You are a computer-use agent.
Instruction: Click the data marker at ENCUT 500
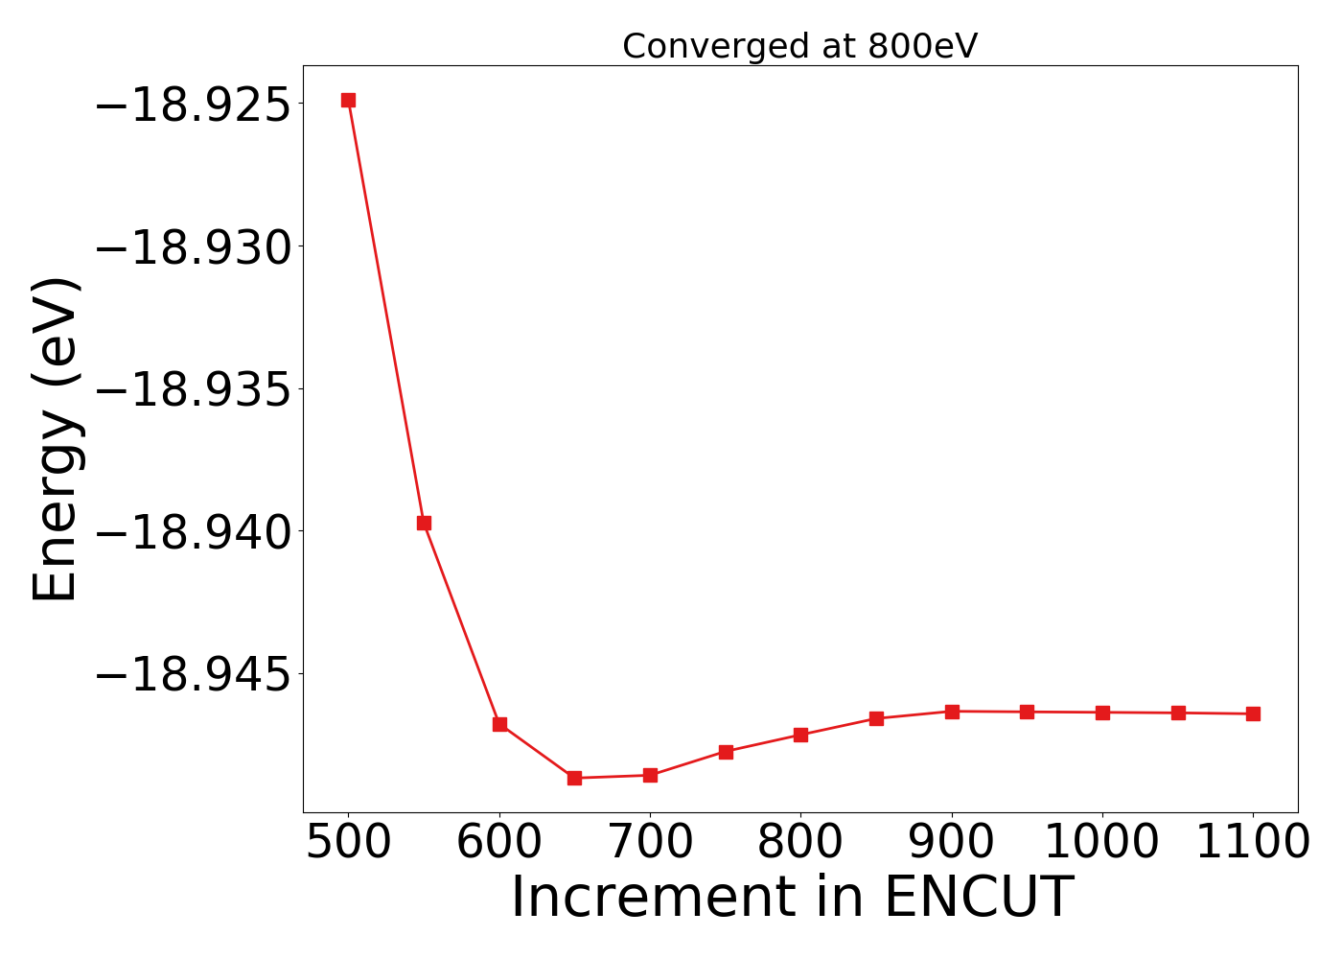coord(348,100)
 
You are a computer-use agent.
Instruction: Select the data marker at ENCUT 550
coord(424,523)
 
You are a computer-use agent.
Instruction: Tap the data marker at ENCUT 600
coord(499,724)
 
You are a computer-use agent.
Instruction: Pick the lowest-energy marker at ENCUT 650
coord(574,778)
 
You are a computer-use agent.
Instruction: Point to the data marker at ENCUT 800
coord(800,735)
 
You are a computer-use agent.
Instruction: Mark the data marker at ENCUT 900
coord(952,712)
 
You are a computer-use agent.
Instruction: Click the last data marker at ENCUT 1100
coord(1253,713)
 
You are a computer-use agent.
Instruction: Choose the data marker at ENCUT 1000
coord(1102,713)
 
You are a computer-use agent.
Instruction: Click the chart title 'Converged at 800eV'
coord(799,46)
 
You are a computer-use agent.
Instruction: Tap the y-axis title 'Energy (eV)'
coord(55,439)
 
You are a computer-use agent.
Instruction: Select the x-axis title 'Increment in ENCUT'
coord(792,898)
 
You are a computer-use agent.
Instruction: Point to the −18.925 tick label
coord(192,105)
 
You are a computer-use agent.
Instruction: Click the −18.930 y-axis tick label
coord(192,247)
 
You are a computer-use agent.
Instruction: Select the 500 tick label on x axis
coord(348,843)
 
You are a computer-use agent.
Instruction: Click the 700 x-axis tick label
coord(650,843)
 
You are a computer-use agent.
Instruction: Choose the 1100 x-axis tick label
coord(1253,843)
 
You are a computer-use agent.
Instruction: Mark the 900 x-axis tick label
coord(952,843)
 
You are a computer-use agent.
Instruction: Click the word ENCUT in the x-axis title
coord(978,898)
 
